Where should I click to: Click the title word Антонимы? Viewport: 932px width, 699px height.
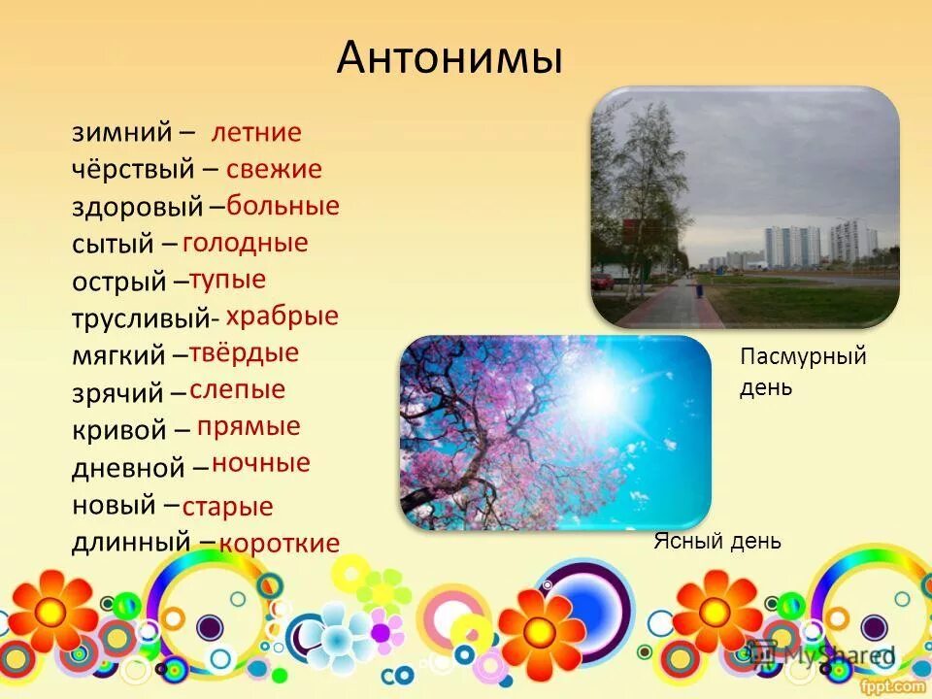(449, 58)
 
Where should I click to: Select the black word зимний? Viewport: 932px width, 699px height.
(122, 133)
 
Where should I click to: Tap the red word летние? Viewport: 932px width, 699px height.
(256, 133)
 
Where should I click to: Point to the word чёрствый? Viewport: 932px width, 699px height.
(133, 169)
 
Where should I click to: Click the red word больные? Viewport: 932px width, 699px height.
(283, 206)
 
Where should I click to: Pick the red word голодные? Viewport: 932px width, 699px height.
(245, 243)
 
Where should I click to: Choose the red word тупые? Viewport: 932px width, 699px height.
(227, 281)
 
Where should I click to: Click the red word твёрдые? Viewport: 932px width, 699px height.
(244, 353)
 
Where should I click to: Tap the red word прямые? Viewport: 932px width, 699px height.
(249, 427)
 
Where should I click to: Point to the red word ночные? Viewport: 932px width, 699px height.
(261, 464)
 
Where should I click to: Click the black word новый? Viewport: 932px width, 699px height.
(114, 505)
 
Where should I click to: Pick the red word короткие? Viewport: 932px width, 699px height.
(280, 544)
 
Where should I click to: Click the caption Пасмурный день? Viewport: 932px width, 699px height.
(803, 372)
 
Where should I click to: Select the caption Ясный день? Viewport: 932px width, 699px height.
(717, 542)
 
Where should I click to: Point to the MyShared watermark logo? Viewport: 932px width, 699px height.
(820, 655)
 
